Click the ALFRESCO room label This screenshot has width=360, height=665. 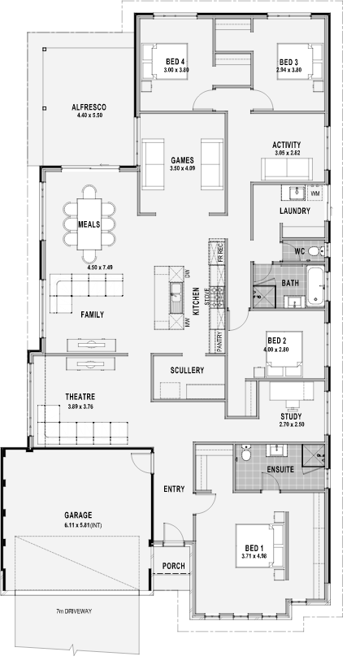point(89,107)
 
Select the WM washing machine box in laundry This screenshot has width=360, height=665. point(315,193)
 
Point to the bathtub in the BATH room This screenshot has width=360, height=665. point(315,285)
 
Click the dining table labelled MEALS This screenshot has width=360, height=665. point(89,224)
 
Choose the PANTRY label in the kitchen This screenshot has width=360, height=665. point(219,341)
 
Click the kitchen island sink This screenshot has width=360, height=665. point(176,298)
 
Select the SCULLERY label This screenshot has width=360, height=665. point(187,370)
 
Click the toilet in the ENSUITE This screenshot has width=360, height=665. point(245,454)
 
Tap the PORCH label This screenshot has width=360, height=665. point(173,566)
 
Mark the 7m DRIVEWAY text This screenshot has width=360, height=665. point(74,611)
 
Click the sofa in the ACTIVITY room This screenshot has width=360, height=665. point(287,168)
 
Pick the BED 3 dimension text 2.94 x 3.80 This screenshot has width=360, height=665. point(288,70)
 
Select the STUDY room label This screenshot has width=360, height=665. point(291,416)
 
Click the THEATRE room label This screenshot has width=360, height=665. point(80,397)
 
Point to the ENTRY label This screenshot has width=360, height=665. point(174,489)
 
